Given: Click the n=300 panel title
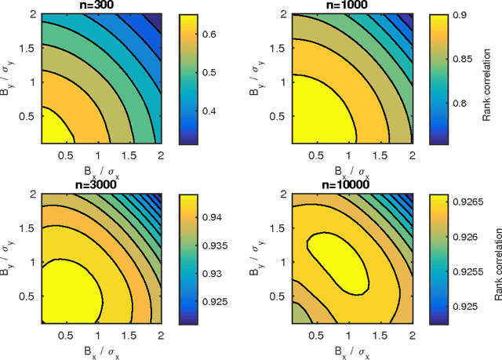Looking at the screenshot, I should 100,5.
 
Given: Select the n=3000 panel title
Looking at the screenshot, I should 100,185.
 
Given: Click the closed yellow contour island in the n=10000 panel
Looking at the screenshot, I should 337,257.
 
